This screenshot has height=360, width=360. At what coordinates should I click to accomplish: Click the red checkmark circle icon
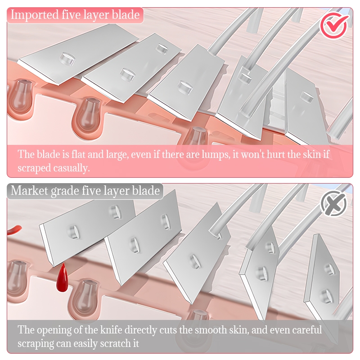point(334,26)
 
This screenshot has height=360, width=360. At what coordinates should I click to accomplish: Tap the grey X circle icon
point(334,203)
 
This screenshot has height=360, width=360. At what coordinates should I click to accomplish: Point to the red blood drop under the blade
point(62,278)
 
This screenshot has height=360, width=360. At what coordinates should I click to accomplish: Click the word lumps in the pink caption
point(216,154)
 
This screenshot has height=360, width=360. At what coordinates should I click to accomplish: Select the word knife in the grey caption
point(111,330)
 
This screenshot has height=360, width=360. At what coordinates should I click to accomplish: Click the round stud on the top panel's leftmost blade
point(67,58)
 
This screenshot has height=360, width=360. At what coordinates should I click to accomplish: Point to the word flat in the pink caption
point(77,154)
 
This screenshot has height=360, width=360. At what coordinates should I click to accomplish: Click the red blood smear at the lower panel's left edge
point(14,230)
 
